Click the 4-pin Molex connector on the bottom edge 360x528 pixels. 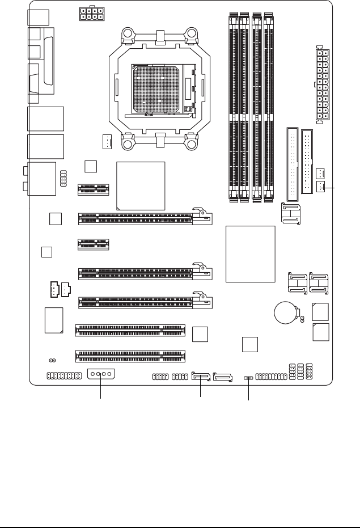(x=101, y=375)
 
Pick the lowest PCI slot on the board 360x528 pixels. (x=130, y=356)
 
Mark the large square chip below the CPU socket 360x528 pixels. (x=140, y=186)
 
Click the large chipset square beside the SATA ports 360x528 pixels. (x=250, y=254)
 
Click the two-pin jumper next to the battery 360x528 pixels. (x=301, y=322)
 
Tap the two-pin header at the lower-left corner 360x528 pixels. (x=52, y=360)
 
